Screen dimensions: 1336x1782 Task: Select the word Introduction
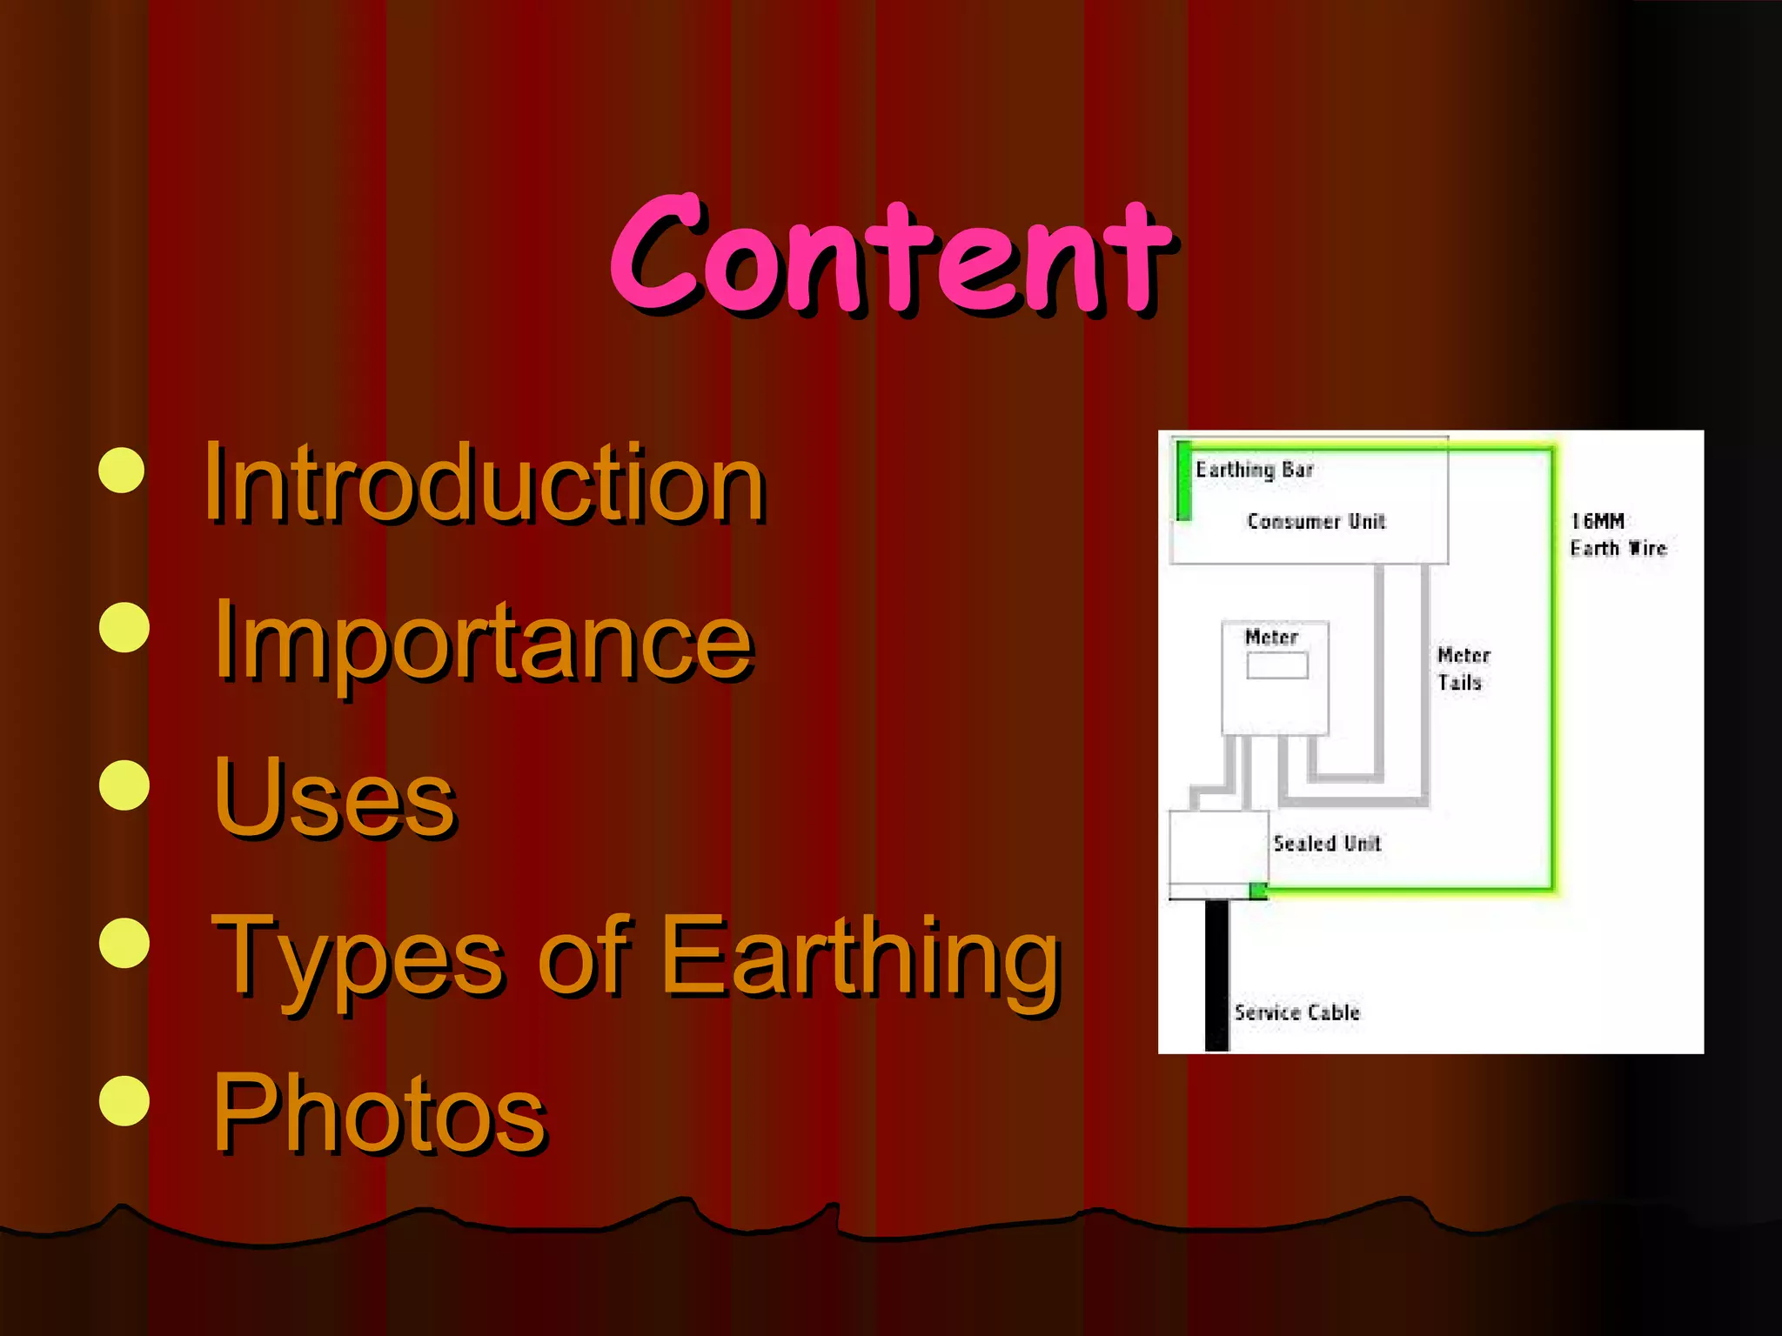click(484, 484)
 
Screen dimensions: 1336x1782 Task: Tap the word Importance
click(484, 642)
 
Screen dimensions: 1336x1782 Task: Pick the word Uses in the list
click(335, 798)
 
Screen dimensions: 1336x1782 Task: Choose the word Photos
click(379, 1113)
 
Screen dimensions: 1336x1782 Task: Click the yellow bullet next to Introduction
click(122, 471)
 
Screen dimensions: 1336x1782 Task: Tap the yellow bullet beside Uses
click(124, 785)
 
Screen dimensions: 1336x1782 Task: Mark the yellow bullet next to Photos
click(124, 1100)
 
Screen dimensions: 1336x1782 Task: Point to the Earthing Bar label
click(1254, 470)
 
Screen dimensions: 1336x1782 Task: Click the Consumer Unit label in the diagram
click(1316, 521)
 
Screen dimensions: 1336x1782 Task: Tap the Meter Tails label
click(1464, 668)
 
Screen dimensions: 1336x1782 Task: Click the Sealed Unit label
click(1326, 843)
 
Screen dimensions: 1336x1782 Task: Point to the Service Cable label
click(1296, 1012)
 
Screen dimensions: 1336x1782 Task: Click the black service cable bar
click(1216, 974)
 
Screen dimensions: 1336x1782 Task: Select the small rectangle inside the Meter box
click(1276, 665)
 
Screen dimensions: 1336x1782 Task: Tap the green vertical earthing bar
click(1183, 480)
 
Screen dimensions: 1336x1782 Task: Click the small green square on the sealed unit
click(1258, 890)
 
